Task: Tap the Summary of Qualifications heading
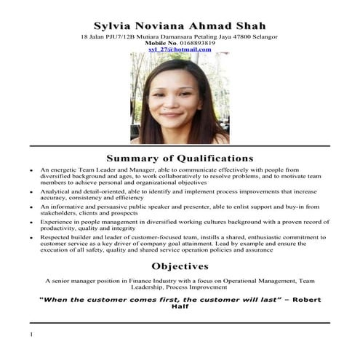(x=180, y=157)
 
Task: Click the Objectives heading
(x=180, y=266)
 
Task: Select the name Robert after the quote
(x=301, y=299)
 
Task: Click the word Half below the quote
(x=180, y=308)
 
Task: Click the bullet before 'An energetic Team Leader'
(x=31, y=169)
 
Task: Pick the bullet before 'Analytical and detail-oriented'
(x=31, y=192)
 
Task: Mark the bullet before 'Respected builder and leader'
(x=31, y=238)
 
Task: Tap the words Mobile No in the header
(x=161, y=43)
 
